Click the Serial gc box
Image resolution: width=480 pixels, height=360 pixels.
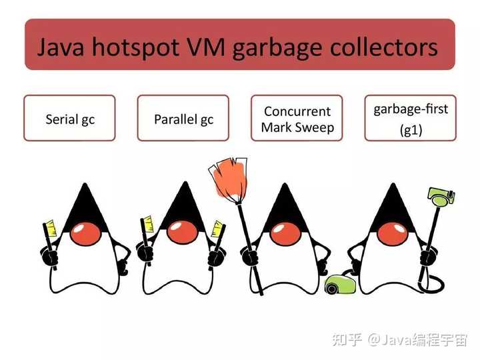(69, 118)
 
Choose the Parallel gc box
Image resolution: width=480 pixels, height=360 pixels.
(183, 118)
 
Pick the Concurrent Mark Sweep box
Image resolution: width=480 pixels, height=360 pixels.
(297, 118)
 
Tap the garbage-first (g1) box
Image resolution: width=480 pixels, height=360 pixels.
(410, 118)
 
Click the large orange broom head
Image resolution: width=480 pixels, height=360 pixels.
(229, 177)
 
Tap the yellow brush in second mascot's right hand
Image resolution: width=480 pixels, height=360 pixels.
(217, 227)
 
